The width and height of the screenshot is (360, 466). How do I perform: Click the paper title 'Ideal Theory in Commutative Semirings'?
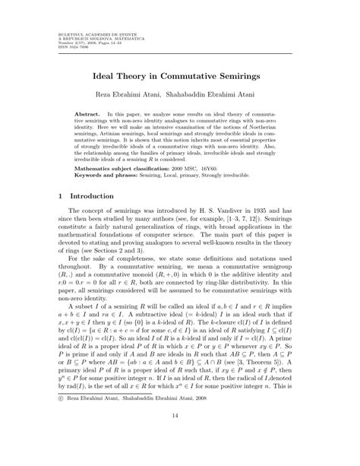(179, 77)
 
